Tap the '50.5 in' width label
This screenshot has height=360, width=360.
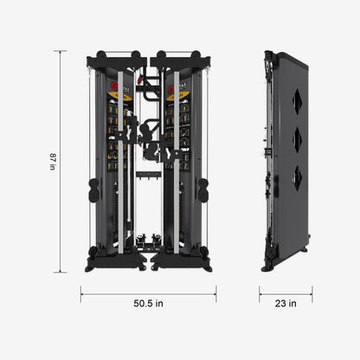tap(148, 303)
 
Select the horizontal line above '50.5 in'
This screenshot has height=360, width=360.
tap(148, 292)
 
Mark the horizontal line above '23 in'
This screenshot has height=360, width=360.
tap(284, 292)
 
